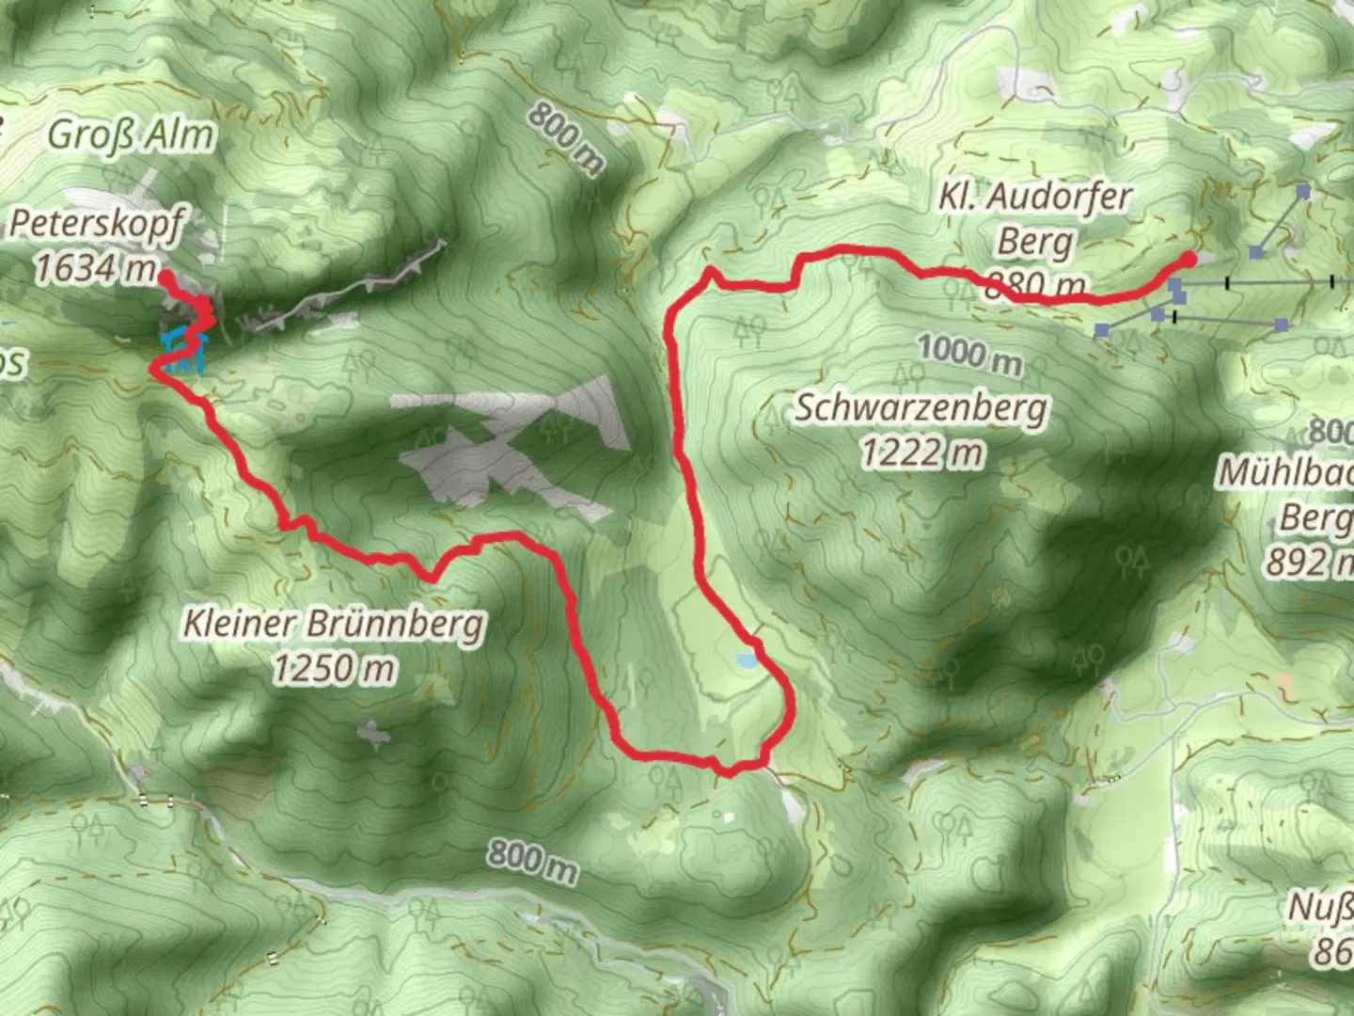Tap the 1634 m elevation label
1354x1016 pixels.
click(95, 269)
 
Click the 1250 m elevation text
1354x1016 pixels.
click(334, 669)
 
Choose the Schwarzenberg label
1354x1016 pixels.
click(921, 409)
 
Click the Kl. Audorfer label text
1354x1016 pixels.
click(1035, 198)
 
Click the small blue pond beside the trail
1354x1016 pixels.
click(747, 660)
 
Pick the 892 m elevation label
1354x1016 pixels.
click(1308, 563)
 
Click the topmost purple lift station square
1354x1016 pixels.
click(1303, 191)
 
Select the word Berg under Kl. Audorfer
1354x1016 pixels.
click(1034, 242)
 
